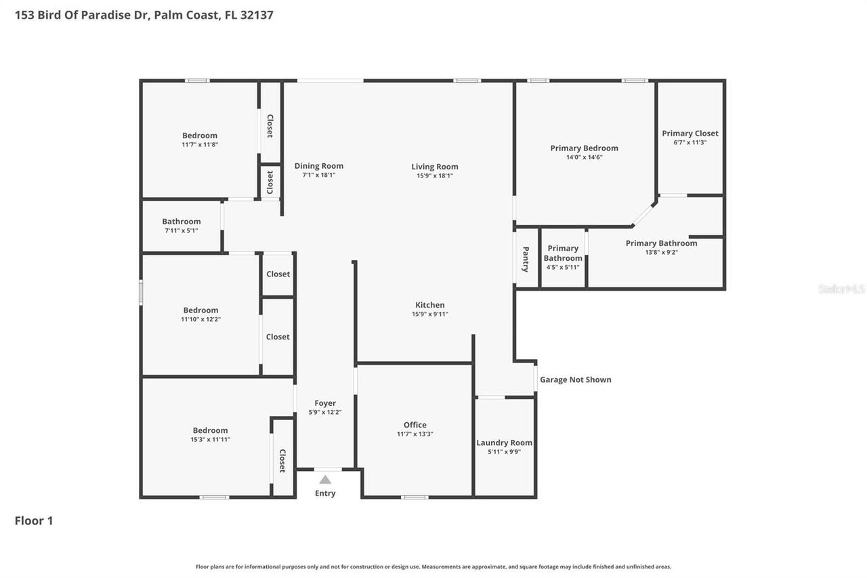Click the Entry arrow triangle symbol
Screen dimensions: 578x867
(325, 480)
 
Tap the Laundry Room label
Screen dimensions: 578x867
(504, 442)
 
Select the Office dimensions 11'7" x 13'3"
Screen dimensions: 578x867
(415, 434)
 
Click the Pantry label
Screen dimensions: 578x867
(526, 259)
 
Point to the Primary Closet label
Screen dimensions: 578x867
(690, 133)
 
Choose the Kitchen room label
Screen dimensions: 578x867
(429, 305)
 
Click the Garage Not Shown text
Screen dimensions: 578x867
(575, 379)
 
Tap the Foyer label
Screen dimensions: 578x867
(325, 403)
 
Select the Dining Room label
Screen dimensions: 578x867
(318, 166)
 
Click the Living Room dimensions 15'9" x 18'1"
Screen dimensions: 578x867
(434, 176)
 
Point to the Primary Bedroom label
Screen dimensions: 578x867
(584, 148)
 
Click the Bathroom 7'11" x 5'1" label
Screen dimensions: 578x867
(181, 222)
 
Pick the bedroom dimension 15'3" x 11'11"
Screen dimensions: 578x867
(210, 439)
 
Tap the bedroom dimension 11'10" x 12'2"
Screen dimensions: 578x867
(200, 319)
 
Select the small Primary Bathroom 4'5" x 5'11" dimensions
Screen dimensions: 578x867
(562, 267)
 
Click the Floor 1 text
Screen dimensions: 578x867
(34, 520)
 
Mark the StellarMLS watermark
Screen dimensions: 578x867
(841, 289)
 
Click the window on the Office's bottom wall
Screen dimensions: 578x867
(415, 497)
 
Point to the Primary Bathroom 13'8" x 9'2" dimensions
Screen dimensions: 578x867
(661, 252)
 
